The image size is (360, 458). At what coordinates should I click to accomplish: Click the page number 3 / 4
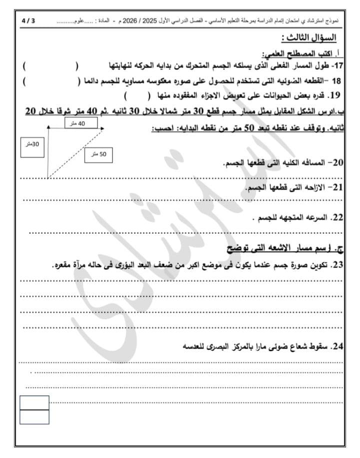tap(28, 22)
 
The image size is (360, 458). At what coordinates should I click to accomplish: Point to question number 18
tap(336, 81)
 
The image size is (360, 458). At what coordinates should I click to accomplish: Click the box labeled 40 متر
tap(78, 123)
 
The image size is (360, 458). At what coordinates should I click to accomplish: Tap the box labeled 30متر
tap(34, 145)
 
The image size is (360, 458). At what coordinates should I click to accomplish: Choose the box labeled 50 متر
tap(99, 155)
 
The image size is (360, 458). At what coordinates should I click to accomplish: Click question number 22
tap(337, 218)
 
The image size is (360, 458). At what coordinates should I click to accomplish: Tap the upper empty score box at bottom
tap(34, 402)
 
